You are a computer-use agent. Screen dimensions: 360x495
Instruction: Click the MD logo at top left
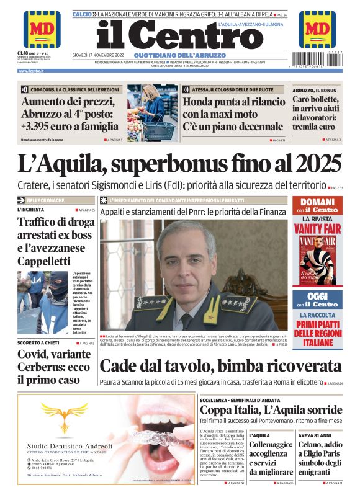(42, 29)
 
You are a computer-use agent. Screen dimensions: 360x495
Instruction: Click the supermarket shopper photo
(151, 113)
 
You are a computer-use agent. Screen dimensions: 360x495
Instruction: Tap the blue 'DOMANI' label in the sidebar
(317, 203)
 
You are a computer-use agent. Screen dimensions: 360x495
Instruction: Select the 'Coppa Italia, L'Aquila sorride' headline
(270, 410)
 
